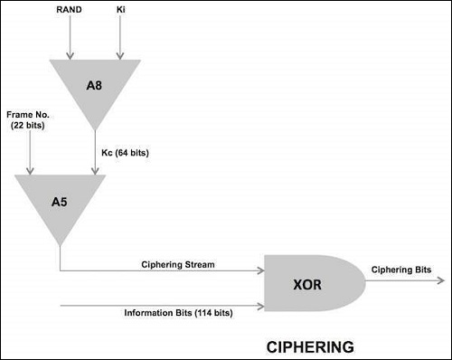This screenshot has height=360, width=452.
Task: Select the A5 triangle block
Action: tap(61, 200)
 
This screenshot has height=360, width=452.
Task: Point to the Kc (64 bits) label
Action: tap(125, 154)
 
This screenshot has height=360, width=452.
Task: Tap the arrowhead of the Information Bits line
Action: tap(259, 305)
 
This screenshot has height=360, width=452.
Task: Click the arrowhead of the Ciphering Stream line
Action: tap(259, 270)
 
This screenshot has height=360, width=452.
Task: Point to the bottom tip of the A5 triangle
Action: tap(61, 243)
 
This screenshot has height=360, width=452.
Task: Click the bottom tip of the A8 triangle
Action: tap(95, 129)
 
